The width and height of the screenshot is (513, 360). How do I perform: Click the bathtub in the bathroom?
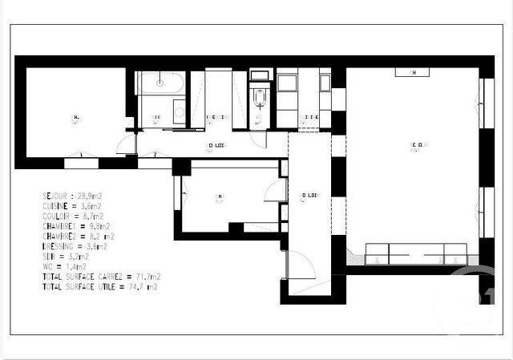point(160,82)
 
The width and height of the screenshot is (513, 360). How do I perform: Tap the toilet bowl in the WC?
point(259,98)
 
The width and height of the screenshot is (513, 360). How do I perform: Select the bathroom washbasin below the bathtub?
point(179,111)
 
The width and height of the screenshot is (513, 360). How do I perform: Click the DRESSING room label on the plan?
point(216,118)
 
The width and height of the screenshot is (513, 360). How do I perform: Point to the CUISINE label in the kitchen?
point(309,118)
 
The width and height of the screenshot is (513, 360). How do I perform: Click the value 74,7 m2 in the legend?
point(143,287)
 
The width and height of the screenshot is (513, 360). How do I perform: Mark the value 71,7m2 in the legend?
point(145,277)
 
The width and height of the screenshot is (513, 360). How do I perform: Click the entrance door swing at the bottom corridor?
point(301,265)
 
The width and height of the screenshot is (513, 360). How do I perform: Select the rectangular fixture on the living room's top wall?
point(412,72)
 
